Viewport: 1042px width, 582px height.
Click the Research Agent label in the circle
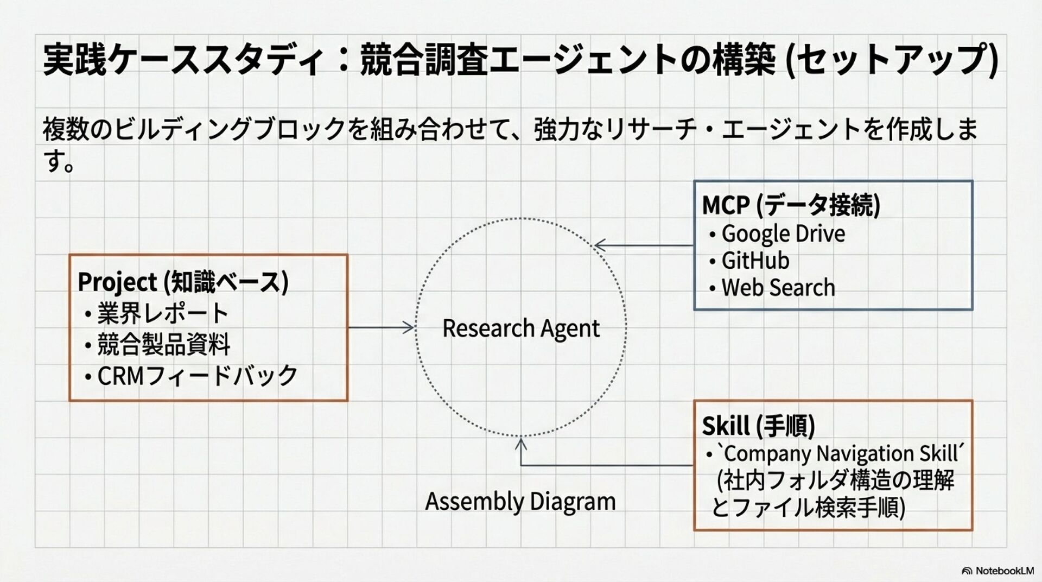520,328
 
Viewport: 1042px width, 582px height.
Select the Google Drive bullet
783,234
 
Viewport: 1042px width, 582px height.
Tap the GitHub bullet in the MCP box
755,261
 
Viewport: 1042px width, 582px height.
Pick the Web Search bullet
778,288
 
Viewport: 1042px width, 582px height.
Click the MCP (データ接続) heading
791,205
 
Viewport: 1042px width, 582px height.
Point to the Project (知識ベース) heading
182,282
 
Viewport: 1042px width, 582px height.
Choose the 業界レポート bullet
162,313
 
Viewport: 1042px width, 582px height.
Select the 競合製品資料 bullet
163,344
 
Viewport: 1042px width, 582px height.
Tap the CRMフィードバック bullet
197,376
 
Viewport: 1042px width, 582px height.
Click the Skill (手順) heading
758,426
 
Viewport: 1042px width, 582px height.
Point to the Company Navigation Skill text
841,453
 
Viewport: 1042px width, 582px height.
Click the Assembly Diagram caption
520,501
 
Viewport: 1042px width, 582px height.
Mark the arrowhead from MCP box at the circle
599,245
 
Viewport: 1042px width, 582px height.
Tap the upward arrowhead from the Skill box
521,444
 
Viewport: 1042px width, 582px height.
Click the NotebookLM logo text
1004,571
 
